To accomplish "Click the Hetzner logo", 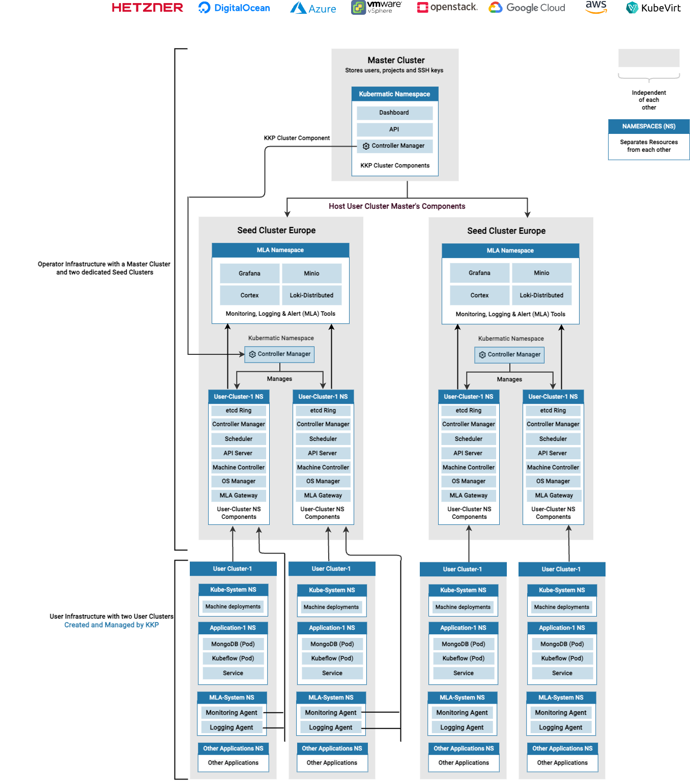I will [147, 8].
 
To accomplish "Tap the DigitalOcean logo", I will [234, 8].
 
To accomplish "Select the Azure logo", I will [313, 8].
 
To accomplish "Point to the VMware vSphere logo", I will [376, 7].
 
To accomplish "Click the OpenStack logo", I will [447, 7].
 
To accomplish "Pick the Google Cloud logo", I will [527, 8].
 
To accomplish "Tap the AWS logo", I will [596, 7].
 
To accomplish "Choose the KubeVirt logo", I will [653, 8].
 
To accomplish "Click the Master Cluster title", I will [396, 60].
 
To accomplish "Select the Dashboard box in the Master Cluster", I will [394, 113].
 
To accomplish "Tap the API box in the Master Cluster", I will [394, 129].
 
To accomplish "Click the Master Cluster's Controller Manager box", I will [394, 146].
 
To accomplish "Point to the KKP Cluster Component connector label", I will [297, 138].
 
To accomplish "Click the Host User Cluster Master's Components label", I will [397, 206].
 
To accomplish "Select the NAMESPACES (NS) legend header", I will [649, 126].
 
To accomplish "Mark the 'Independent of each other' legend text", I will [649, 100].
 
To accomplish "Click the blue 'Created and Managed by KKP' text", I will [111, 625].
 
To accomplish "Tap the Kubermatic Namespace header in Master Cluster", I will [394, 94].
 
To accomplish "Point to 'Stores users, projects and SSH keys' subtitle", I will [394, 70].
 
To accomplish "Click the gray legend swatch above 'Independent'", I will [649, 58].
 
